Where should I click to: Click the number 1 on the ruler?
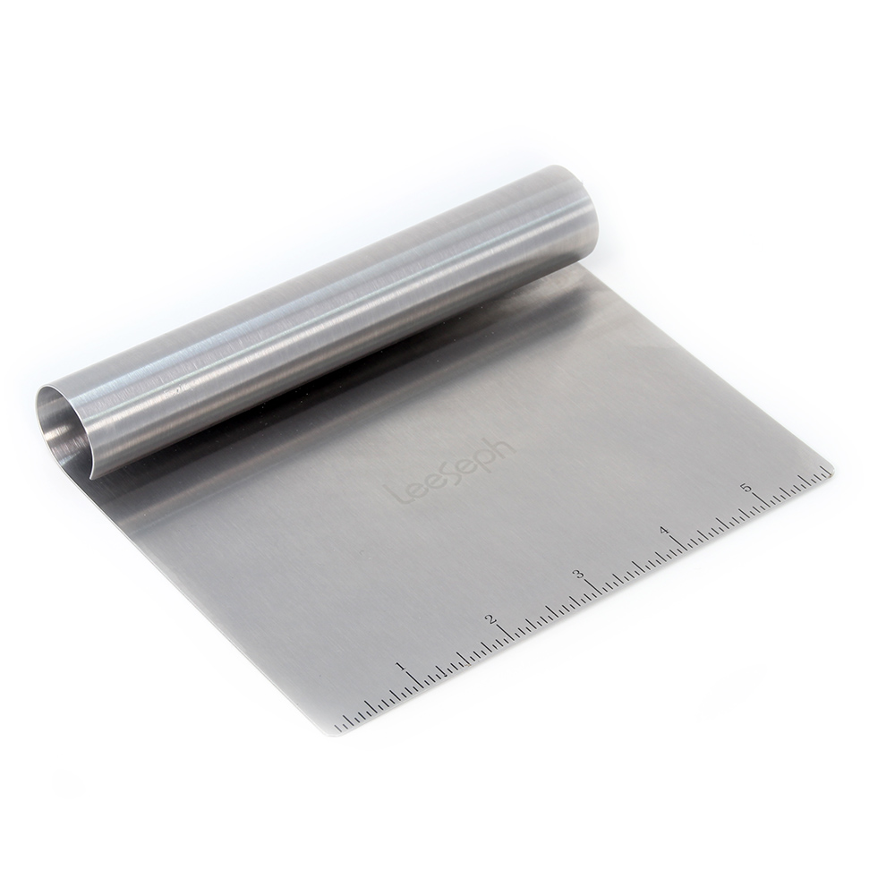[x=398, y=667]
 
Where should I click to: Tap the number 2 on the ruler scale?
[x=490, y=619]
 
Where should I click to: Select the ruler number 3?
[x=578, y=575]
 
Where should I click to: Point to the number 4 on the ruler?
[x=664, y=531]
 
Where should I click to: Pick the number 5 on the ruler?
[x=746, y=488]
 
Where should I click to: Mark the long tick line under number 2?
[x=507, y=635]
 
